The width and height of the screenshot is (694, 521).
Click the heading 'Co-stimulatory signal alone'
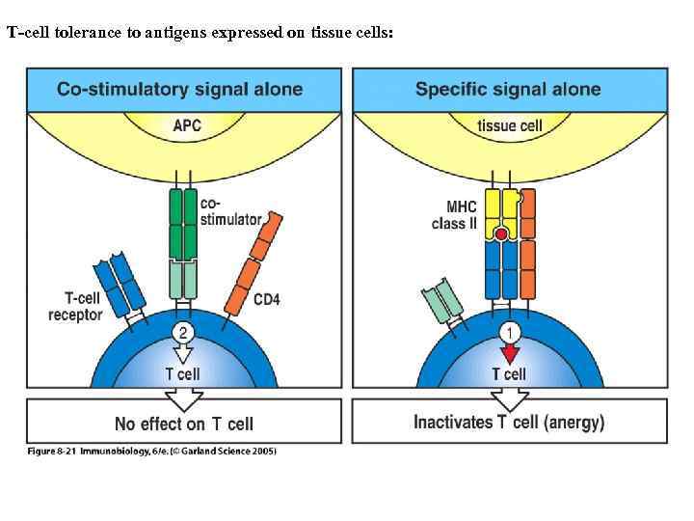point(179,90)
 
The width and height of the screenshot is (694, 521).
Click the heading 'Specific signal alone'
point(508,90)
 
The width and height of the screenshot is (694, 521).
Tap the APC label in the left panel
point(187,124)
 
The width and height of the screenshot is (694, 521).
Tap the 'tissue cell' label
point(510,125)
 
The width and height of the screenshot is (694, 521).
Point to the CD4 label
point(267,300)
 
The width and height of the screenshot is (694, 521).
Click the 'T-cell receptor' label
point(75,308)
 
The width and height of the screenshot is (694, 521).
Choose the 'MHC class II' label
point(453,216)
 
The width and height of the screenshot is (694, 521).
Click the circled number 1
point(509,332)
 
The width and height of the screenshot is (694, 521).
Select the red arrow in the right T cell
point(509,354)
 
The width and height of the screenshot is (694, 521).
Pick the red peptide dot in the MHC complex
point(501,233)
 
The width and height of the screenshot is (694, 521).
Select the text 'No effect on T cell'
point(183,424)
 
